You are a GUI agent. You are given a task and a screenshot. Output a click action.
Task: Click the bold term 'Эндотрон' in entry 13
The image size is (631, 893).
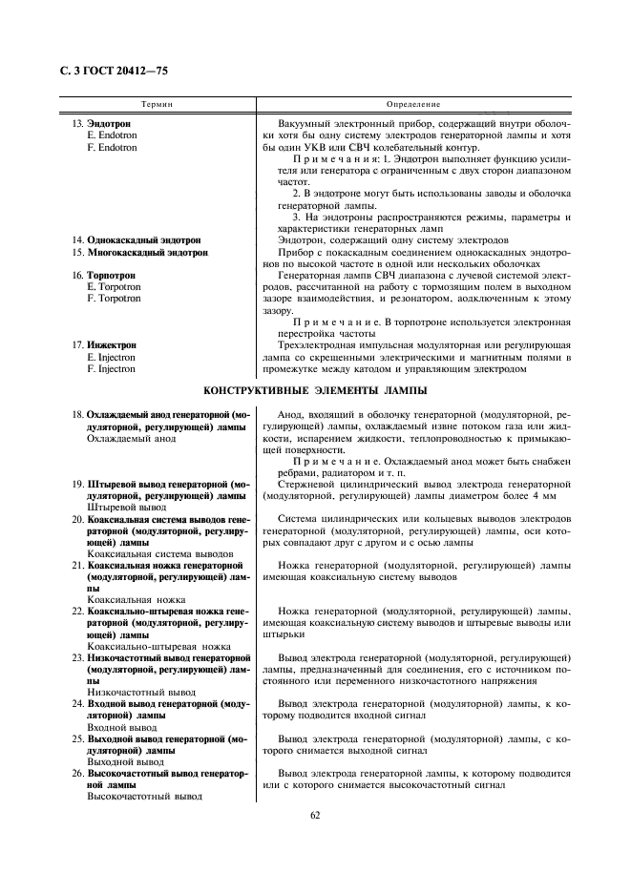109,125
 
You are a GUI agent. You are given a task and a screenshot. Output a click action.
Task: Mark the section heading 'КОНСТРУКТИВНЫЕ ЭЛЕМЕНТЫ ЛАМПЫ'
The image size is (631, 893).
315,391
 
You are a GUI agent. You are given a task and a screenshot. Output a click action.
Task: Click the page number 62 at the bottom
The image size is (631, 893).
315,815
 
